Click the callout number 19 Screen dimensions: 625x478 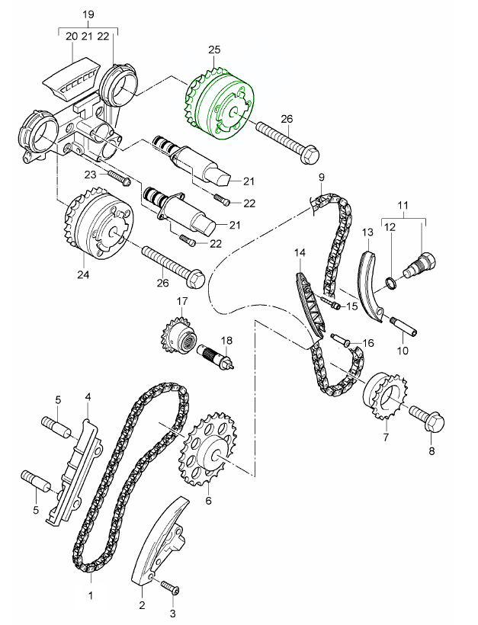coord(88,14)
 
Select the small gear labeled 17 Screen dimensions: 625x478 coord(179,336)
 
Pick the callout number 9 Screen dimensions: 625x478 coord(321,178)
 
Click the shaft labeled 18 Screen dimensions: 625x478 coord(218,355)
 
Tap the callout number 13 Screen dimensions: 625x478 coord(366,231)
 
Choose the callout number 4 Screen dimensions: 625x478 coord(88,397)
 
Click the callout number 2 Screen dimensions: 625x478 coord(142,606)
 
